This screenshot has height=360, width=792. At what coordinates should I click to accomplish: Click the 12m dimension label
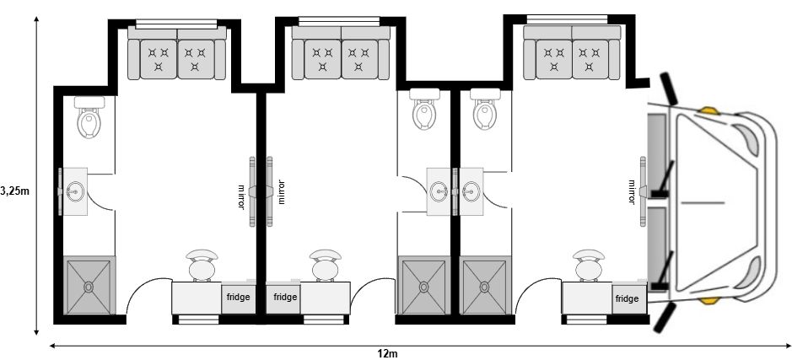pyautogui.click(x=387, y=353)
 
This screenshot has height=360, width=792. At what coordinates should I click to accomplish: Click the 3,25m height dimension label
pyautogui.click(x=14, y=191)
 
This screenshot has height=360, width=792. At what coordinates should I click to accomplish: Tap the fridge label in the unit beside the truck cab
pyautogui.click(x=627, y=299)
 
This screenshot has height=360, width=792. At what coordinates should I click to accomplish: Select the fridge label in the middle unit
pyautogui.click(x=285, y=297)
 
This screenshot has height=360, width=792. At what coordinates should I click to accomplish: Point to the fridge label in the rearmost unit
pyautogui.click(x=238, y=297)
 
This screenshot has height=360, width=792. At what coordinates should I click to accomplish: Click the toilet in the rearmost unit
pyautogui.click(x=89, y=117)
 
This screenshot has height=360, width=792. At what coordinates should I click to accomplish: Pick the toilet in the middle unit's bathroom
pyautogui.click(x=425, y=109)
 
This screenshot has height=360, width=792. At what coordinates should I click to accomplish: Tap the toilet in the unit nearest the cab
pyautogui.click(x=485, y=109)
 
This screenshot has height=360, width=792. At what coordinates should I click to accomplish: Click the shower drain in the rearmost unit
pyautogui.click(x=89, y=287)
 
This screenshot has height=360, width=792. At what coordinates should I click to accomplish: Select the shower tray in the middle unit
pyautogui.click(x=423, y=286)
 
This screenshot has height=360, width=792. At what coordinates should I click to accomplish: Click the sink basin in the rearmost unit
pyautogui.click(x=76, y=191)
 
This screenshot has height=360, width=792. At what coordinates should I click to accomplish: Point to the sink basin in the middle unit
pyautogui.click(x=439, y=191)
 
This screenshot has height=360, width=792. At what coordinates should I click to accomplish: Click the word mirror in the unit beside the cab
pyautogui.click(x=632, y=192)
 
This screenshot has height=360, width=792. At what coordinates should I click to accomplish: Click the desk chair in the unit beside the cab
pyautogui.click(x=589, y=265)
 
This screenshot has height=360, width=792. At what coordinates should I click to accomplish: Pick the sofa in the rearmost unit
pyautogui.click(x=177, y=53)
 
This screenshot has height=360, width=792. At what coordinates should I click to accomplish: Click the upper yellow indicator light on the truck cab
pyautogui.click(x=708, y=110)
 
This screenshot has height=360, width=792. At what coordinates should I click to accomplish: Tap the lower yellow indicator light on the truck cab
pyautogui.click(x=708, y=300)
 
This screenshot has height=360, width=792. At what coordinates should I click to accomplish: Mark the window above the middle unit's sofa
pyautogui.click(x=339, y=21)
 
